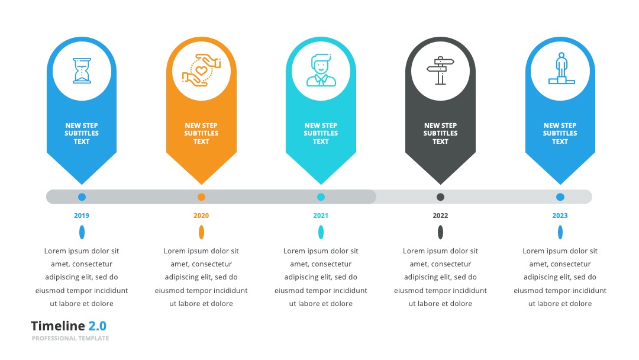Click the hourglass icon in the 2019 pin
pyautogui.click(x=82, y=71)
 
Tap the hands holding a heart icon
pyautogui.click(x=201, y=70)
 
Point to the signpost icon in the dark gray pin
pyautogui.click(x=440, y=70)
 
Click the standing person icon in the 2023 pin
pyautogui.click(x=561, y=68)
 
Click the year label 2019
pyautogui.click(x=82, y=216)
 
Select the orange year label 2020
pyautogui.click(x=201, y=216)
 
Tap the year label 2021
pyautogui.click(x=321, y=216)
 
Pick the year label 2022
pyautogui.click(x=440, y=216)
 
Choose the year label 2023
pyautogui.click(x=560, y=216)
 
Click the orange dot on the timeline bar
pyautogui.click(x=201, y=197)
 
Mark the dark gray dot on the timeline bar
pyautogui.click(x=440, y=197)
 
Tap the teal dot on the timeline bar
pyautogui.click(x=321, y=197)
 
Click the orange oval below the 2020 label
pyautogui.click(x=201, y=232)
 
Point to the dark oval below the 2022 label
pyautogui.click(x=440, y=232)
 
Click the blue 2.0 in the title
pyautogui.click(x=98, y=326)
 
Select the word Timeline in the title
pyautogui.click(x=58, y=326)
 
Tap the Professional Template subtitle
pyautogui.click(x=70, y=339)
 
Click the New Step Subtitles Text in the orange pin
pyautogui.click(x=201, y=133)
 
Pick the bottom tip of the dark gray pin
pyautogui.click(x=440, y=184)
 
